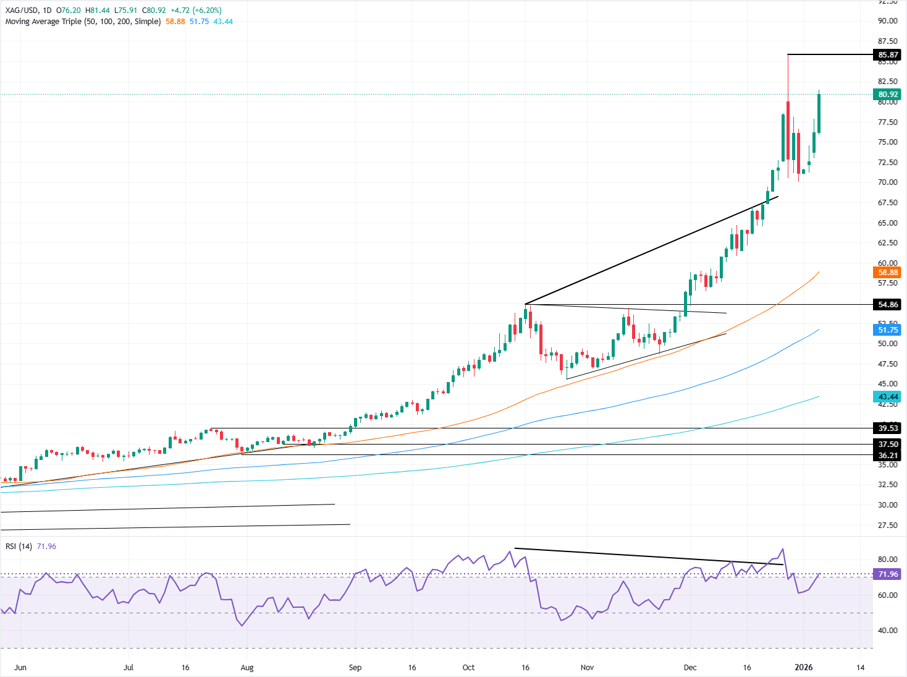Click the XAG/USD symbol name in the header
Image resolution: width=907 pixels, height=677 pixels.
[21, 11]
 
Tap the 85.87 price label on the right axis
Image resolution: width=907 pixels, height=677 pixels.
[888, 55]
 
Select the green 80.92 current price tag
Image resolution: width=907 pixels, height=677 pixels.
[888, 95]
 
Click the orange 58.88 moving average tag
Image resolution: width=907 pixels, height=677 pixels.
[888, 272]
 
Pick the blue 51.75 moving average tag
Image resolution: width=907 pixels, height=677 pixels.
[888, 330]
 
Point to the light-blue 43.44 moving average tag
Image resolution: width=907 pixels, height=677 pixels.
[888, 397]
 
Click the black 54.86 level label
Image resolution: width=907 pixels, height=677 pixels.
[888, 305]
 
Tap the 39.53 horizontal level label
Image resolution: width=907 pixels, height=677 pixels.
[888, 428]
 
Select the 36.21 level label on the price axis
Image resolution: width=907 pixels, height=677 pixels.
[888, 456]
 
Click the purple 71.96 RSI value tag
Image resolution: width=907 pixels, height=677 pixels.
[888, 574]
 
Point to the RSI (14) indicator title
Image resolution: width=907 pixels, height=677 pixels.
[19, 547]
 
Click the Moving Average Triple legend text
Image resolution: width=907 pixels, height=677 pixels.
[83, 22]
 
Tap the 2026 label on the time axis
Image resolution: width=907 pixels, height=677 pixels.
[804, 668]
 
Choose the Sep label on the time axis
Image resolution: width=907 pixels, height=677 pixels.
[355, 668]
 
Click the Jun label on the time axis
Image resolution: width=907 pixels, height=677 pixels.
[20, 668]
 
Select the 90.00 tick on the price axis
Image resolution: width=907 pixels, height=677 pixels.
[888, 21]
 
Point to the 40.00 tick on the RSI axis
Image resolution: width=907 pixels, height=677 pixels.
[888, 631]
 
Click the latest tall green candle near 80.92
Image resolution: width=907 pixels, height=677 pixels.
[819, 113]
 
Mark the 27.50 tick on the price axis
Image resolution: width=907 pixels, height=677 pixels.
[888, 526]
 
